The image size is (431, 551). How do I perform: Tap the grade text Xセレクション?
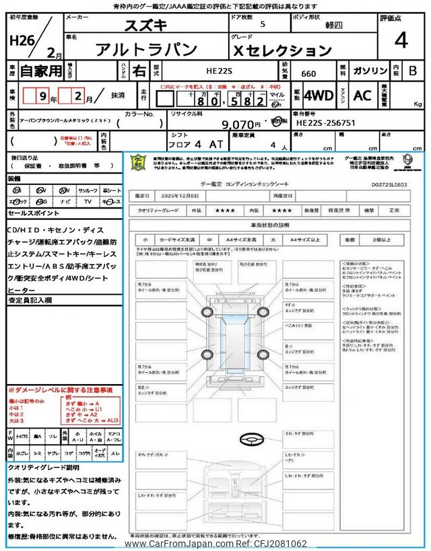pyautogui.click(x=283, y=50)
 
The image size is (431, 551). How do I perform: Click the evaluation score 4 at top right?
pyautogui.click(x=400, y=40)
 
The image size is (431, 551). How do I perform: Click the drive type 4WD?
pyautogui.click(x=319, y=96)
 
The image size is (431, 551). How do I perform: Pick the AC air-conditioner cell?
pyautogui.click(x=362, y=96)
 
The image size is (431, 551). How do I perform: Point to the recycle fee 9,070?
pyautogui.click(x=240, y=124)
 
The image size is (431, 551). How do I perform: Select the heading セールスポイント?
pyautogui.click(x=34, y=213)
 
